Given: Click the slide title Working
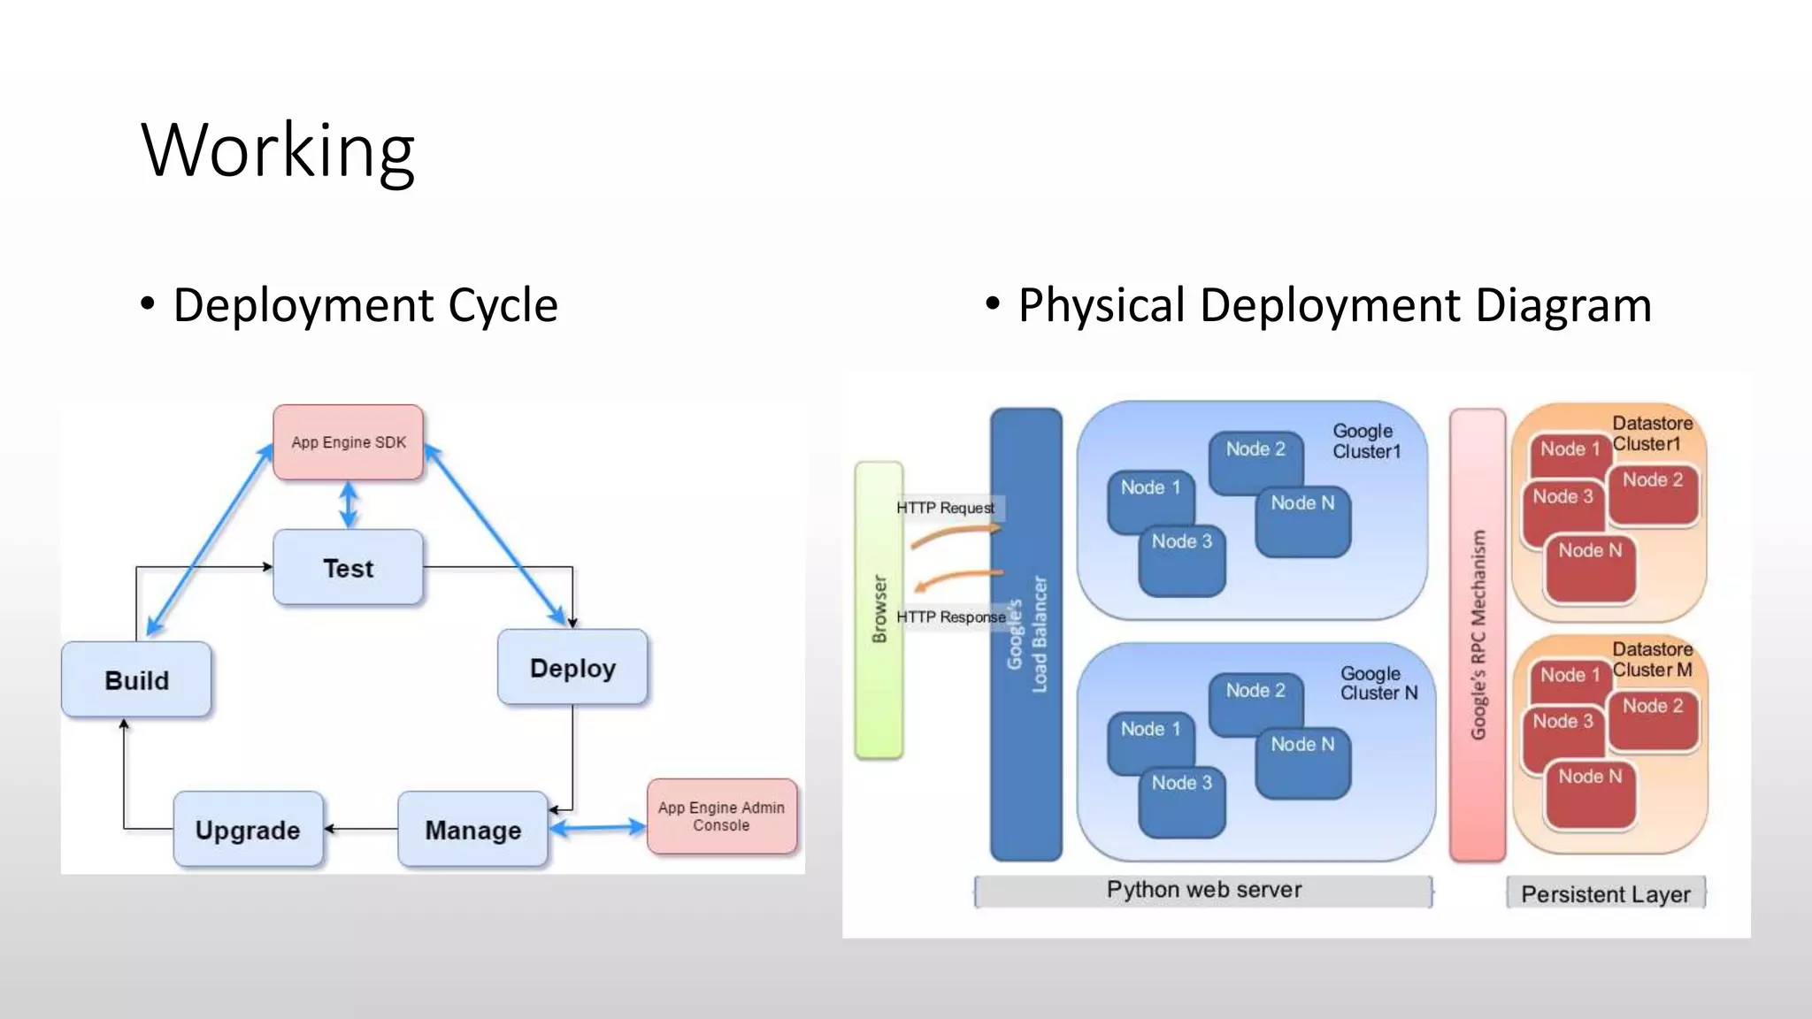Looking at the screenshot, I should [278, 150].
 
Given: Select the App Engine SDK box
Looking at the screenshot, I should [349, 442].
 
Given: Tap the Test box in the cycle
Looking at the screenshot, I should [349, 568].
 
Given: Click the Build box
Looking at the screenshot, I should [136, 680].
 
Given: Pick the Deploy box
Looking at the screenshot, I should [572, 668].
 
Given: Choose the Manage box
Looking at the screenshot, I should [472, 830].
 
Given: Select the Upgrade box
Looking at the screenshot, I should [248, 830].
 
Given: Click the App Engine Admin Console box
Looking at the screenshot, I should [721, 816].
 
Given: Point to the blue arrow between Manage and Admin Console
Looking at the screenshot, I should [598, 828].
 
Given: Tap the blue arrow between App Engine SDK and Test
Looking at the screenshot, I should [349, 505].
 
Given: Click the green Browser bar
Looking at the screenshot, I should [879, 610].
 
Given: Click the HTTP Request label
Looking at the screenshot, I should [945, 508].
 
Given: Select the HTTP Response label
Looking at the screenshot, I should [950, 617].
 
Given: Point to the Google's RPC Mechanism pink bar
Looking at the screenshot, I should [1478, 634].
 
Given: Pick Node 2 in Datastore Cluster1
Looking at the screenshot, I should [1653, 492].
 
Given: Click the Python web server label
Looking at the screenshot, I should [1203, 890].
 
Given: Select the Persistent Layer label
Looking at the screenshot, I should [1605, 894].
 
